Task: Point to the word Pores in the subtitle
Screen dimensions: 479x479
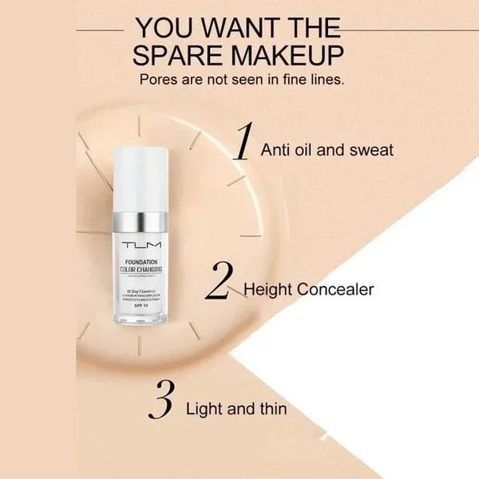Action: (160, 80)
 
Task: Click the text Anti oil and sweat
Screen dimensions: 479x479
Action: (327, 149)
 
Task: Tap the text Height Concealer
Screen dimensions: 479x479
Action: (308, 289)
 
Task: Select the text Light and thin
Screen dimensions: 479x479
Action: (236, 409)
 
